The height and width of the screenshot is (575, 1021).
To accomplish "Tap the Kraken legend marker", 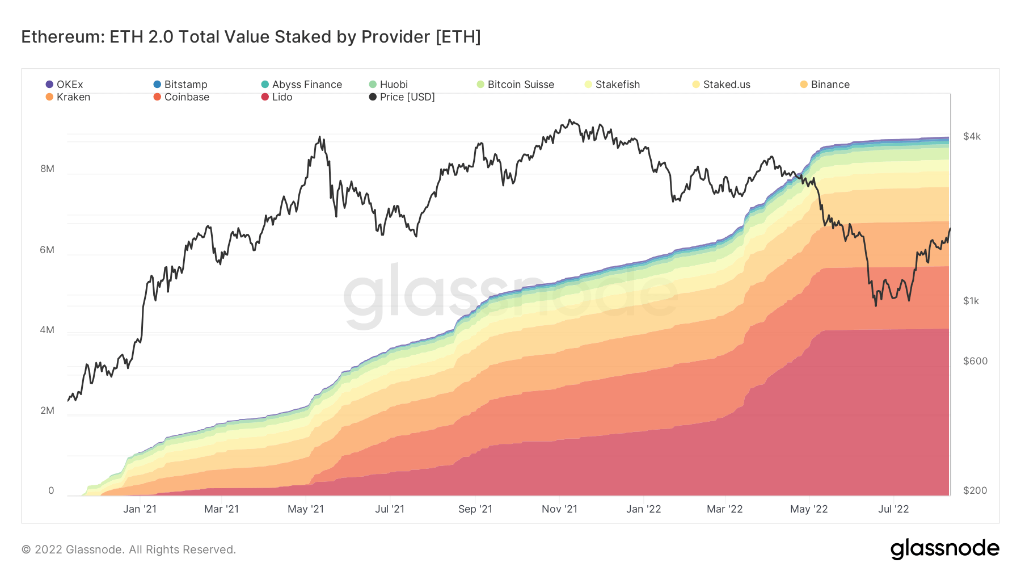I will (49, 97).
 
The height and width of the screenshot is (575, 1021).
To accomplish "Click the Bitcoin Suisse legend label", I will (520, 85).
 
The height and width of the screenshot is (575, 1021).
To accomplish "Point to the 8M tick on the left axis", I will (48, 169).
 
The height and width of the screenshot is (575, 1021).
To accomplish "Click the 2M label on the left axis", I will (48, 410).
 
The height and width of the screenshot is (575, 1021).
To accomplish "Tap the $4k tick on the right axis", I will (972, 136).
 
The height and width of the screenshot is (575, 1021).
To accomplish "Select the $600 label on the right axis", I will (975, 361).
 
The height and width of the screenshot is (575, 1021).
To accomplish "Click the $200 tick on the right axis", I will (975, 490).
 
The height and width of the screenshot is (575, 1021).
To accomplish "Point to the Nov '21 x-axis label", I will (559, 509).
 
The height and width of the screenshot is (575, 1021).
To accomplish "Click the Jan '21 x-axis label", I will (140, 509).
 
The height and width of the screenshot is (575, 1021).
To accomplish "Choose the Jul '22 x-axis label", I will (893, 509).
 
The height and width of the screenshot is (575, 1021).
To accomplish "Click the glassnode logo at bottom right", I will (944, 549).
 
